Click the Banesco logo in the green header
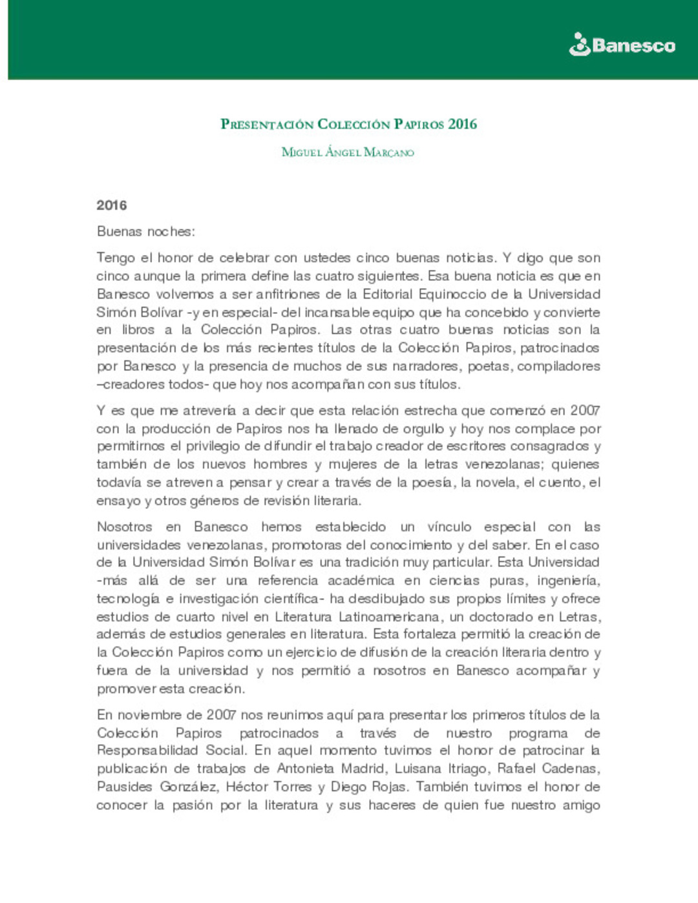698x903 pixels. (622, 45)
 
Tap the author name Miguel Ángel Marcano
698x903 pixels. (348, 152)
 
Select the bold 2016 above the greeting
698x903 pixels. (112, 205)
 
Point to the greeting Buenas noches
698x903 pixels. (145, 231)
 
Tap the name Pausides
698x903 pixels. (125, 786)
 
